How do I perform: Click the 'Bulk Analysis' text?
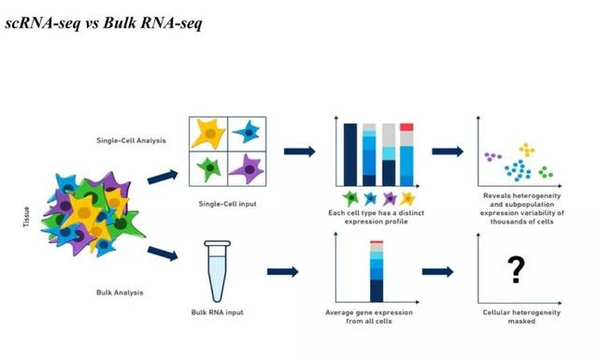[121, 293]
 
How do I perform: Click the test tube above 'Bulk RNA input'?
[217, 268]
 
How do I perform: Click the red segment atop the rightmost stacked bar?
[406, 126]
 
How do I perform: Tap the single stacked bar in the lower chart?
[377, 272]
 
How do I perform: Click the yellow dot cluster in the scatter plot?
[528, 150]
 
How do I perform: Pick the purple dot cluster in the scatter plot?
[491, 156]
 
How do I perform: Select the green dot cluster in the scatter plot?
[546, 173]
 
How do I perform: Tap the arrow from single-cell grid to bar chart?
[299, 151]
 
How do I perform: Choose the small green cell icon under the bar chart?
[351, 197]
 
